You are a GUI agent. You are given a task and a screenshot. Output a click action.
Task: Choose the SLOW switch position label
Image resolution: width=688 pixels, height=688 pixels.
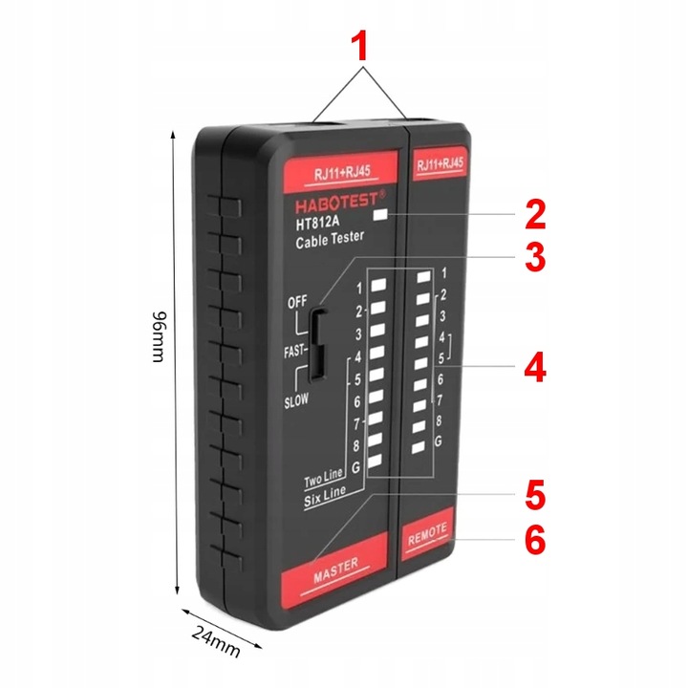tap(296, 401)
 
